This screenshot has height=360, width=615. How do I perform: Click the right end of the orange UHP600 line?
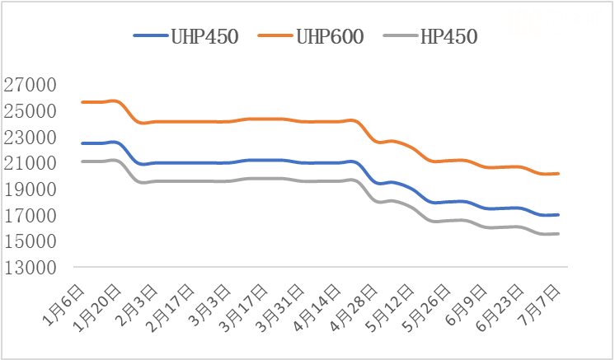click(559, 174)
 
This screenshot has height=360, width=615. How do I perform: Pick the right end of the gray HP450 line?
click(559, 234)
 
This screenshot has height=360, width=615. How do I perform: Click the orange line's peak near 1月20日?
click(114, 101)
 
